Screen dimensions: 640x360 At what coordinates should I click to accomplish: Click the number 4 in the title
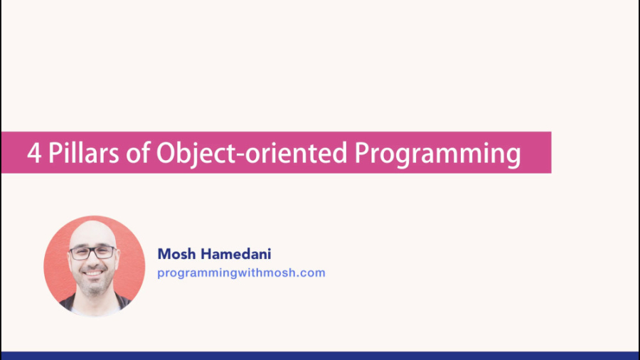(34, 153)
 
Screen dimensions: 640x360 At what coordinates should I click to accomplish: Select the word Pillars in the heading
(84, 153)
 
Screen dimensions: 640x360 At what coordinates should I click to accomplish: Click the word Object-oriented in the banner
(252, 154)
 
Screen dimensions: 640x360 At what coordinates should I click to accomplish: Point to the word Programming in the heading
(437, 154)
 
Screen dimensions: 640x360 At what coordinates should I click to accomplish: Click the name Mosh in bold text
(177, 254)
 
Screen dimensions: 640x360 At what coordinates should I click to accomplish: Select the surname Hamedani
(237, 254)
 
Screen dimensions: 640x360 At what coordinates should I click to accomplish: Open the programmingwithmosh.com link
(241, 272)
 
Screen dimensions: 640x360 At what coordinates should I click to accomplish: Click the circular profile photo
(95, 266)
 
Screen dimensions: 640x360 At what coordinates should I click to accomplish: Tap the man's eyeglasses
(92, 253)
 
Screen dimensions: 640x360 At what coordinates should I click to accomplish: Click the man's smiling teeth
(93, 273)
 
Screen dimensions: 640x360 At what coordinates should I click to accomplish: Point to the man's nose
(92, 263)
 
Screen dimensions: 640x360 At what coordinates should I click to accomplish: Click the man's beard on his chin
(95, 287)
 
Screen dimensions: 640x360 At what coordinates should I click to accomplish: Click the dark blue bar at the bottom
(320, 356)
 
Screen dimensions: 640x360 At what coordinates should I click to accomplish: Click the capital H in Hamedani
(208, 254)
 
